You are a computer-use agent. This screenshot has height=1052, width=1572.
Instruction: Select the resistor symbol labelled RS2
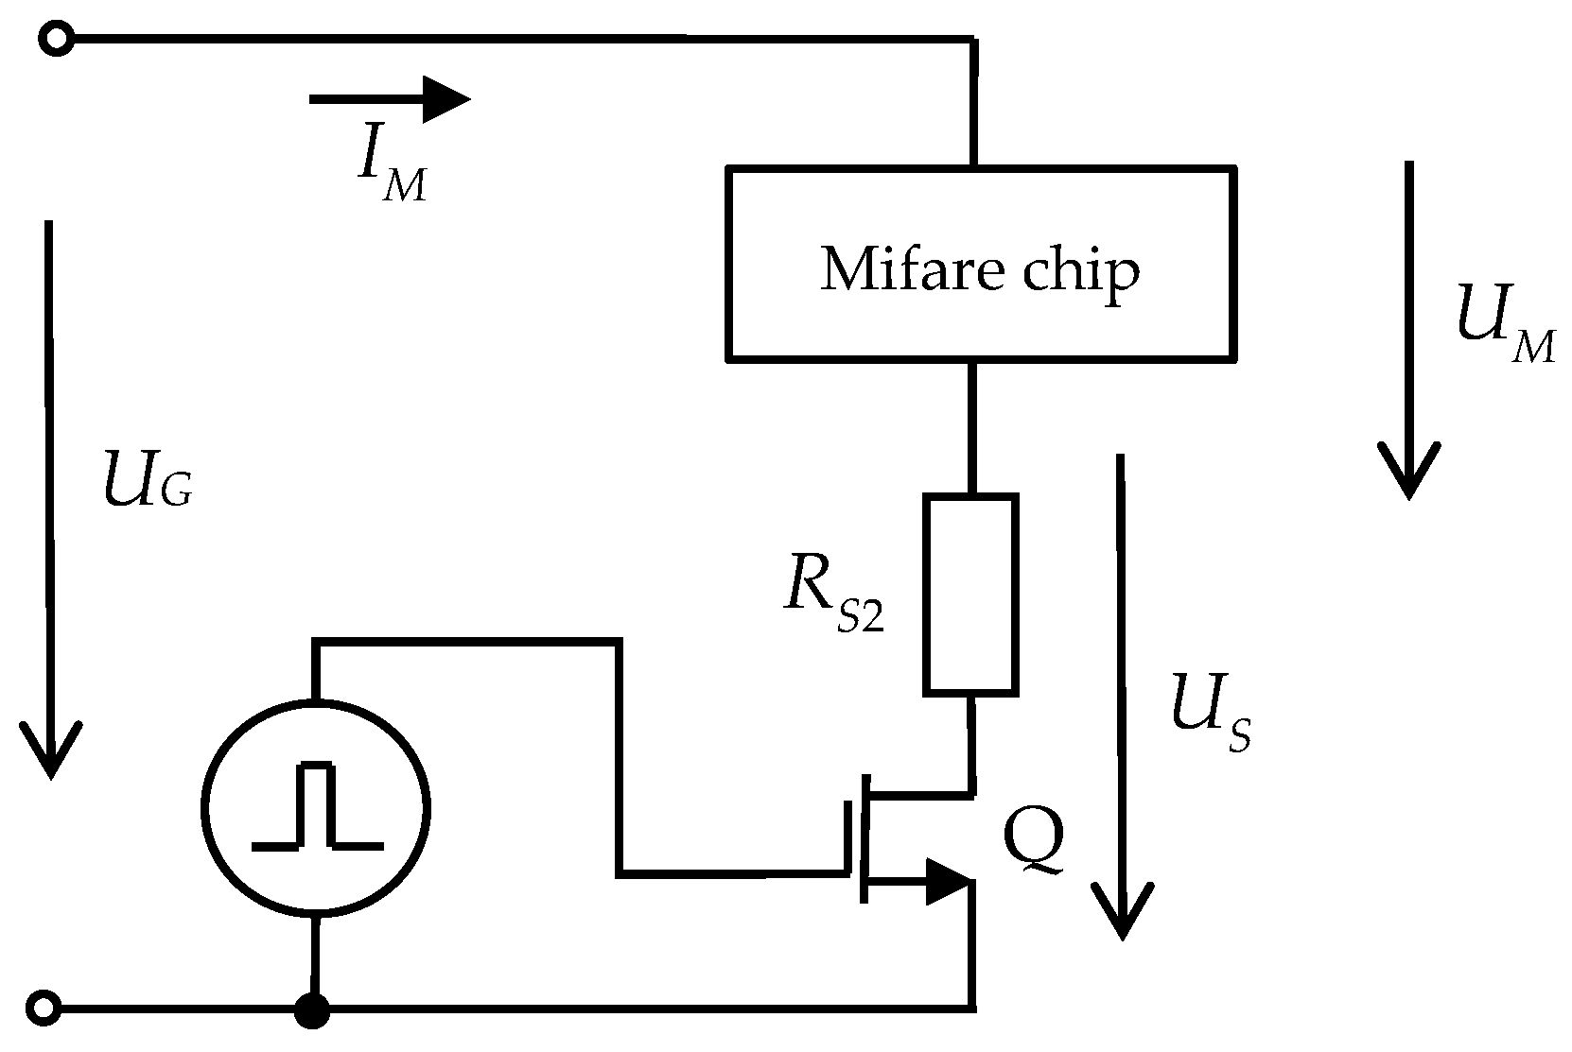[x=971, y=595]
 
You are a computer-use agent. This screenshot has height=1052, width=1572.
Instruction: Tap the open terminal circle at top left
[x=57, y=39]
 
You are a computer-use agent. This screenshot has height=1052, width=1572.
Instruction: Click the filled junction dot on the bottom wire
[x=312, y=1011]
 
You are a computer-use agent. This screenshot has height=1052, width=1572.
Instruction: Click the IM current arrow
[x=390, y=99]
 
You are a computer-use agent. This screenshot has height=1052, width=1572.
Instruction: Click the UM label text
[x=1505, y=332]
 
